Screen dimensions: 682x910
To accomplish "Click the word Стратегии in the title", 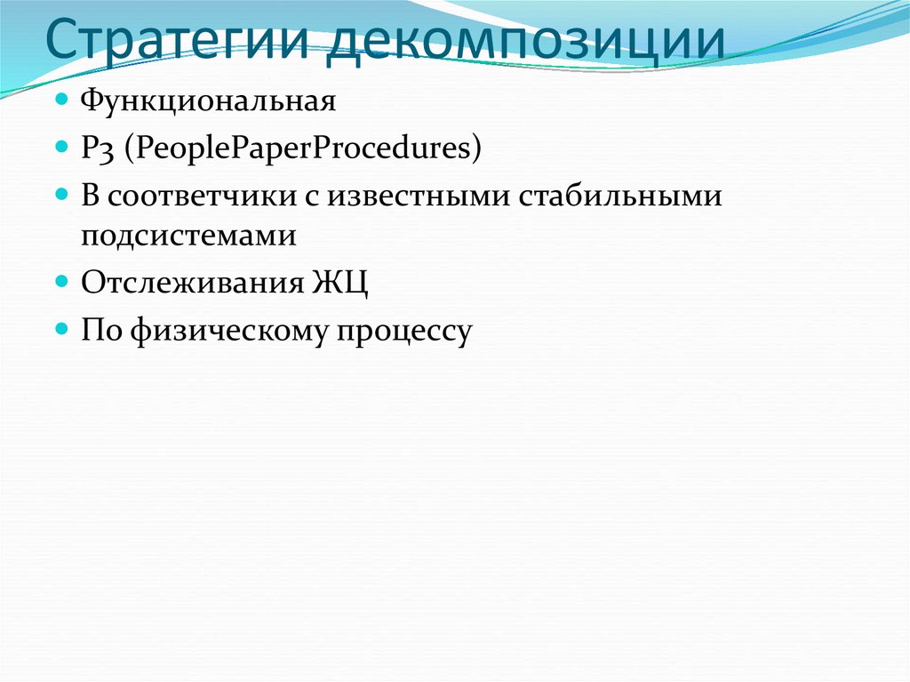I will coord(177,44).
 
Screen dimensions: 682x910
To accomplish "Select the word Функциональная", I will coord(209,100).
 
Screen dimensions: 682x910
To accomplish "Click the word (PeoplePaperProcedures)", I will coord(302,148).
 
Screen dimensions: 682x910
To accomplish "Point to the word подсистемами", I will coord(188,237).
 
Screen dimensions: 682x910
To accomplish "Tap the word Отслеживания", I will coord(194,284).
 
